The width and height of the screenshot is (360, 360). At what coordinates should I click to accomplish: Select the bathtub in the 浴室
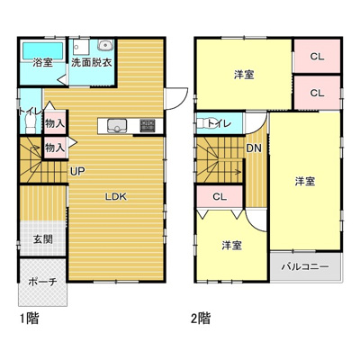(x=42, y=49)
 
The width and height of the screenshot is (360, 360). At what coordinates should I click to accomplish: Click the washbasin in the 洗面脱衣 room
(x=105, y=47)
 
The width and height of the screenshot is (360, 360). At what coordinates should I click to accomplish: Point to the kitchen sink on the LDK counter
(x=117, y=125)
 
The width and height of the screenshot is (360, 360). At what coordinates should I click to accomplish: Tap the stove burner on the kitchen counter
(x=147, y=125)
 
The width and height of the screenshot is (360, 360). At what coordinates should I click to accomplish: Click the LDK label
(x=114, y=196)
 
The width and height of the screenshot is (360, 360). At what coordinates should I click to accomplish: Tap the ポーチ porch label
(x=41, y=282)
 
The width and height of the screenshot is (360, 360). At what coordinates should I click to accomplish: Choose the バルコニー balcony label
(x=305, y=267)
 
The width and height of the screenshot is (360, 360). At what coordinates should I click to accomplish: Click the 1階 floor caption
(x=27, y=318)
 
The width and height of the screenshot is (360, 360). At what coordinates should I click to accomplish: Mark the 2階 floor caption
(x=200, y=318)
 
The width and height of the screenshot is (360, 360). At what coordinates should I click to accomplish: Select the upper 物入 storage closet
(x=54, y=121)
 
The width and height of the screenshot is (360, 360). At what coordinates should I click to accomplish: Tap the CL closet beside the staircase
(x=219, y=197)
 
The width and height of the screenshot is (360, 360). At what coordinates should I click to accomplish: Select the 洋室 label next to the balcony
(x=305, y=181)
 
